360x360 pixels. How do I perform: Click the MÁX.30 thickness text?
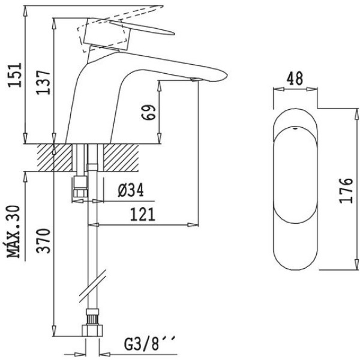15,230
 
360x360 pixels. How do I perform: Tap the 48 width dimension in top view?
294,79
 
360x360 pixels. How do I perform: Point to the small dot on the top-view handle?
294,128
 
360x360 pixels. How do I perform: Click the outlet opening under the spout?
193,79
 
